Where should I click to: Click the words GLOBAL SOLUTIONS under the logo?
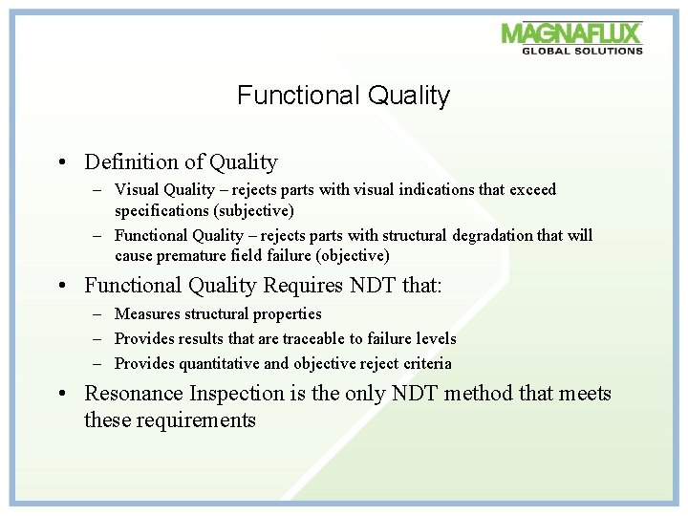coord(582,51)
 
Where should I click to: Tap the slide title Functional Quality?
coord(344,96)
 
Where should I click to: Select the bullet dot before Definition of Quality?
coord(62,162)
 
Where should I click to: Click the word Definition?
coord(132,161)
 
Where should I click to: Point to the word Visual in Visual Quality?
coord(137,189)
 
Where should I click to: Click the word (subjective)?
coord(253,211)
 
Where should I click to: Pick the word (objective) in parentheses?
coord(353,255)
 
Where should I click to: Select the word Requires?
coord(303,285)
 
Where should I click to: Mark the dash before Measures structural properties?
coord(97,314)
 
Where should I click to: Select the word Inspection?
coord(237,394)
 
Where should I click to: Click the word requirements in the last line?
coord(196,420)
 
